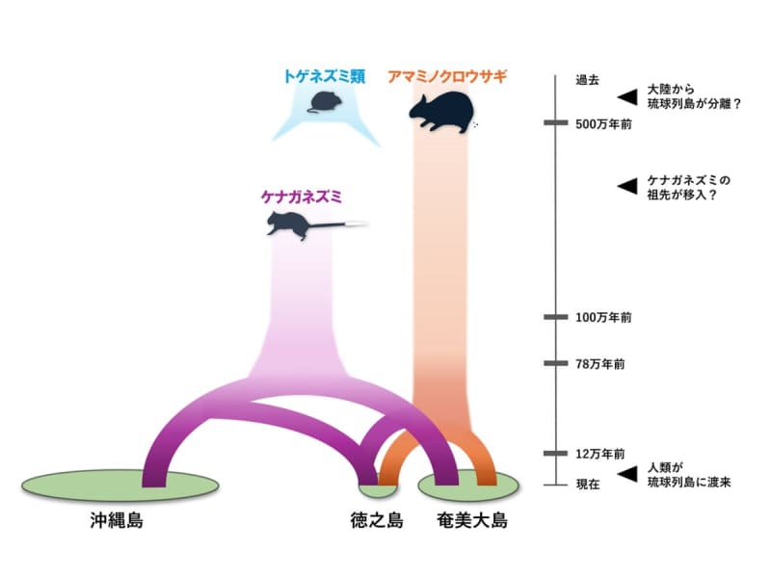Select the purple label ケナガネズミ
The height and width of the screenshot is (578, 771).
point(303,197)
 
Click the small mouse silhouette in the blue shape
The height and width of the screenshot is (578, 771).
point(323,102)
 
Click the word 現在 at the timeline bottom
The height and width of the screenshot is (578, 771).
point(587,485)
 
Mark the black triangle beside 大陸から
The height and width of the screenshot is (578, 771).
point(627,94)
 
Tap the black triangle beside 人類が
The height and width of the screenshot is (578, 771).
point(627,473)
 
